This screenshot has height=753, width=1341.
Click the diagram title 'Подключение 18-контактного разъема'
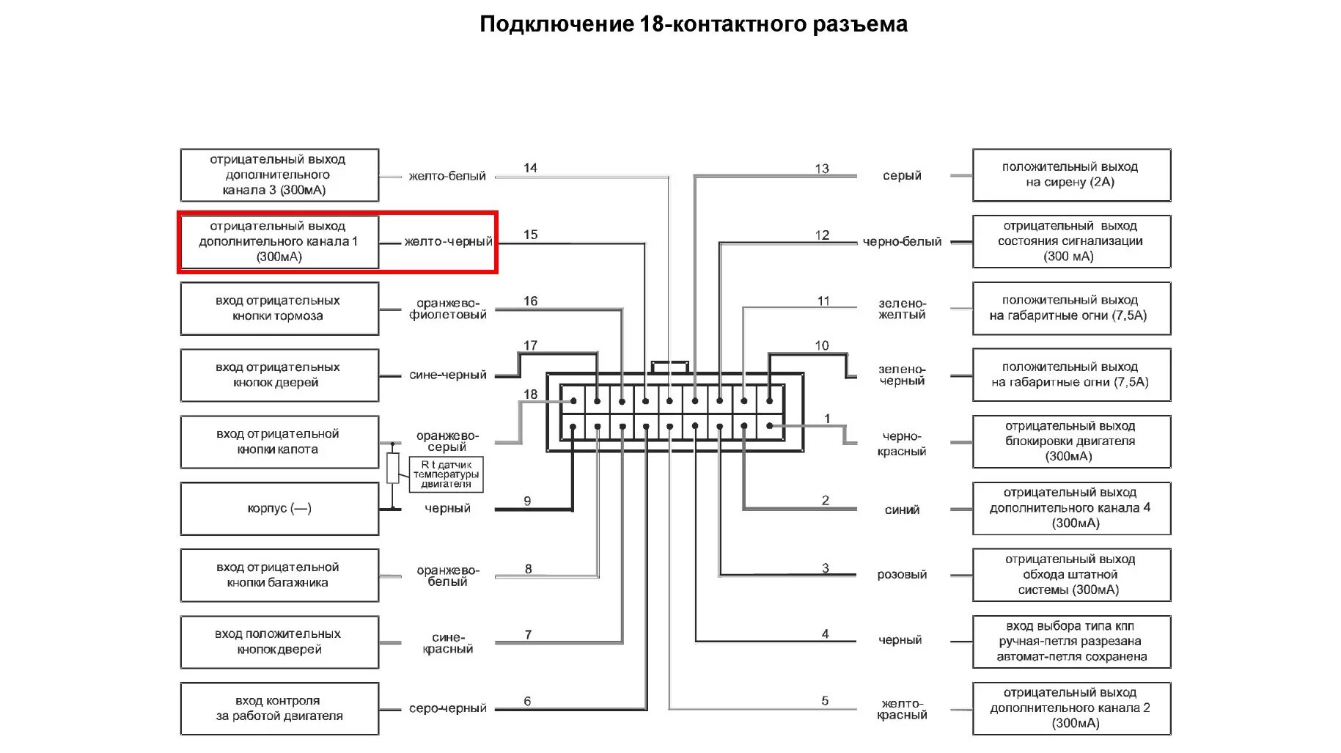coord(693,24)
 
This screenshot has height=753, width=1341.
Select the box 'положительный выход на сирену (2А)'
coord(1070,175)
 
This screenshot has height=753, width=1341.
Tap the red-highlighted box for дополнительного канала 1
coord(279,242)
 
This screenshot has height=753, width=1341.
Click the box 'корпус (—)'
coord(279,508)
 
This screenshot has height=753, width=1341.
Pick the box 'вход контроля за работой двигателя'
coord(279,708)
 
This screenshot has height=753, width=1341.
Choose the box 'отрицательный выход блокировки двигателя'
coord(1070,441)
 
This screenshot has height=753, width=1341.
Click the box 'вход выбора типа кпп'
coord(1070,642)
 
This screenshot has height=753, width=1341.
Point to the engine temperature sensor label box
coord(446,474)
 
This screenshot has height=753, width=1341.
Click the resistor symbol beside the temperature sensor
coord(393,468)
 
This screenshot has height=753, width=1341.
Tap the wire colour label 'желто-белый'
coord(447,176)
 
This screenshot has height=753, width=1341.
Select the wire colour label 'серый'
coord(902,176)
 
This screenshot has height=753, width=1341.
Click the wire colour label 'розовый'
coord(902,575)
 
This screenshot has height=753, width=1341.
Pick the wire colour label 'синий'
coord(902,510)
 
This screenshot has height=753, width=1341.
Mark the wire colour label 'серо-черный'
coord(447,708)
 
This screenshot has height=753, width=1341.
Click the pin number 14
coord(530,168)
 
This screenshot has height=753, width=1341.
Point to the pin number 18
coord(530,394)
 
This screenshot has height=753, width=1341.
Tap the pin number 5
coord(825,701)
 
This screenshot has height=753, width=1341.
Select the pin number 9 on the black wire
coord(527,501)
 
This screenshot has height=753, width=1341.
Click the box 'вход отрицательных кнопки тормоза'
coord(279,309)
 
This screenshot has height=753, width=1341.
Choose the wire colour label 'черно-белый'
coord(902,242)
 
